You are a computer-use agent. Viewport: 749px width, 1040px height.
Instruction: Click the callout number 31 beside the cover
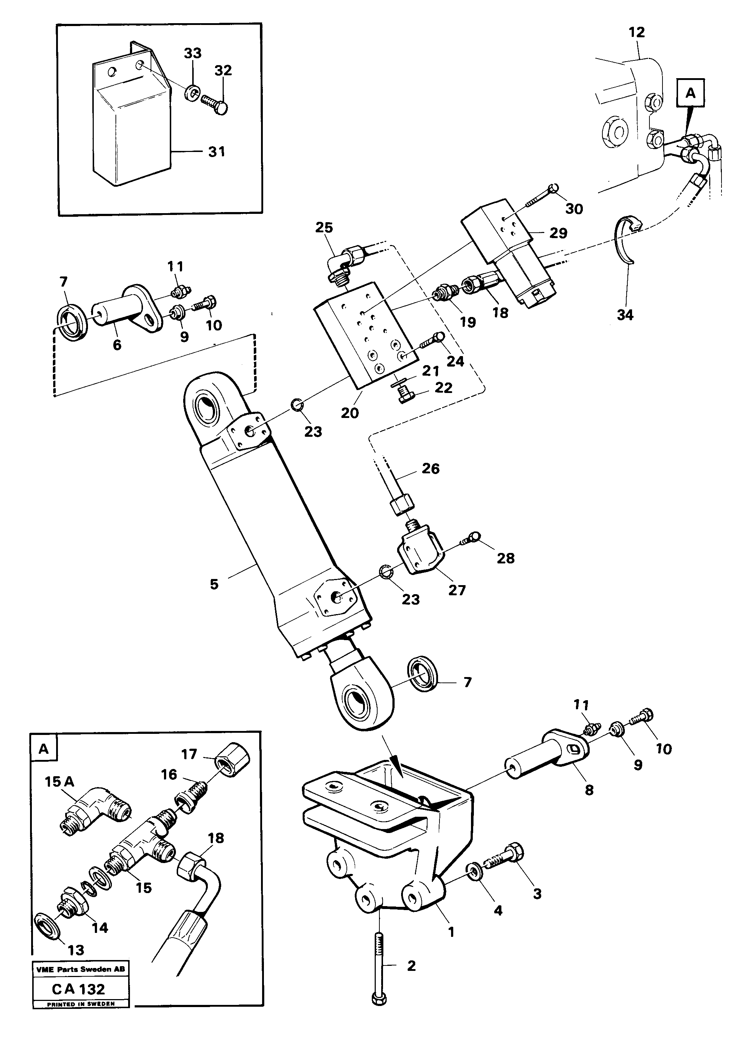tap(216, 151)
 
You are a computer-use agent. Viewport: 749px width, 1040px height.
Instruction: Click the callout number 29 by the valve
tap(558, 233)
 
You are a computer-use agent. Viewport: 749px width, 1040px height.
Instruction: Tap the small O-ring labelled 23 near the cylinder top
tap(297, 405)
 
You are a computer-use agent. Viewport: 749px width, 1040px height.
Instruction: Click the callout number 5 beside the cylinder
tap(214, 584)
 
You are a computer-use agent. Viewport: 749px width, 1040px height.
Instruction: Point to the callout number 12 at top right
tap(637, 32)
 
